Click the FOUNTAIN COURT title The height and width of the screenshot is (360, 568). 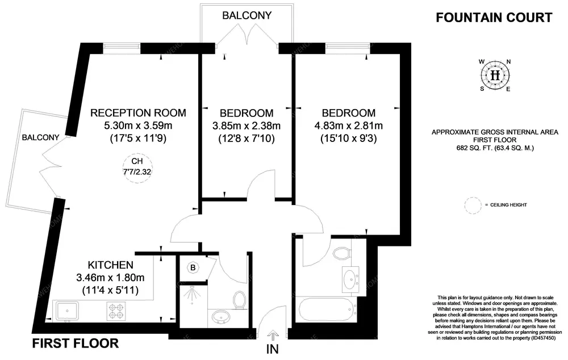494,18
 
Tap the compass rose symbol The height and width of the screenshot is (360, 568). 495,76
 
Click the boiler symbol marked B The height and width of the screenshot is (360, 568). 193,267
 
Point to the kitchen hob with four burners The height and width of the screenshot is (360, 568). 116,311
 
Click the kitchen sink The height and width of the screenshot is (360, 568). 67,311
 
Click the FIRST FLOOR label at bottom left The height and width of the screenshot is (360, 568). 76,344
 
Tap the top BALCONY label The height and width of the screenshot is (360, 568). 247,15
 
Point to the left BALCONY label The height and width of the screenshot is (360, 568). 40,137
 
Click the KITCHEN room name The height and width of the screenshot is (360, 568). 111,265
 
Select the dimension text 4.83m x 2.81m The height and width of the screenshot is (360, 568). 348,125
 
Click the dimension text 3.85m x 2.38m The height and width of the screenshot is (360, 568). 247,125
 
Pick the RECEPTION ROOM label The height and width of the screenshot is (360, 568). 138,112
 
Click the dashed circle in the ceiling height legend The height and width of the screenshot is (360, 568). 473,205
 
